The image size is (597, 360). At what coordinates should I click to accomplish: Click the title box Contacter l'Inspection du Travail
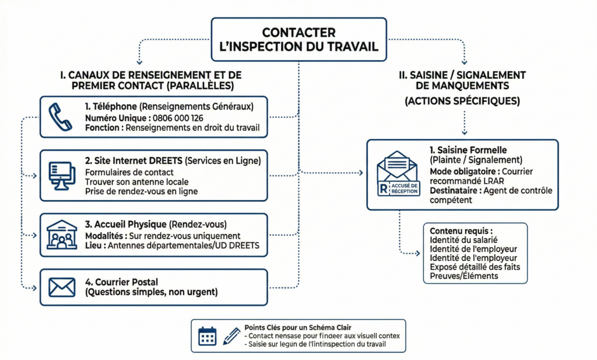coord(298,39)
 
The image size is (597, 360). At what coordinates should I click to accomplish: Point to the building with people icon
coord(61,235)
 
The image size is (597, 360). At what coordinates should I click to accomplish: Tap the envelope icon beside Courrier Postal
coord(61,286)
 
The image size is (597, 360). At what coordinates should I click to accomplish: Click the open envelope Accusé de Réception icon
coord(398,174)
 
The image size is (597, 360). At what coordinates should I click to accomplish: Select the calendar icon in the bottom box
coord(207,335)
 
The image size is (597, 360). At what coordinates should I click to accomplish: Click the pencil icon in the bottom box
coord(231,335)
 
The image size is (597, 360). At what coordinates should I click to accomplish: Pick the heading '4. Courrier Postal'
coord(121,282)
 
